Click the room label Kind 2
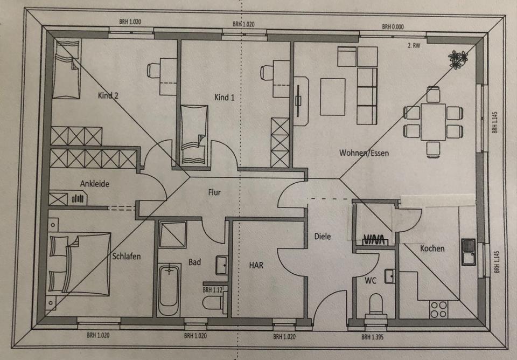pos(108,96)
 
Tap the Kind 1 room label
pos(225,98)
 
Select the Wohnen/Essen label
pos(364,153)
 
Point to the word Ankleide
pos(95,184)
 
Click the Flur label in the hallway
pos(214,191)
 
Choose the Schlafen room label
pos(127,257)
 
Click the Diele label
pos(323,236)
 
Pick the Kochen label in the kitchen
pos(432,248)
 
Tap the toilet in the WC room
pos(375,305)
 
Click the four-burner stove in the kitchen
pos(438,309)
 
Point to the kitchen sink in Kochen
pos(468,251)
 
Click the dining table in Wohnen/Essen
pos(434,121)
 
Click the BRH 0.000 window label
pos(393,26)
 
